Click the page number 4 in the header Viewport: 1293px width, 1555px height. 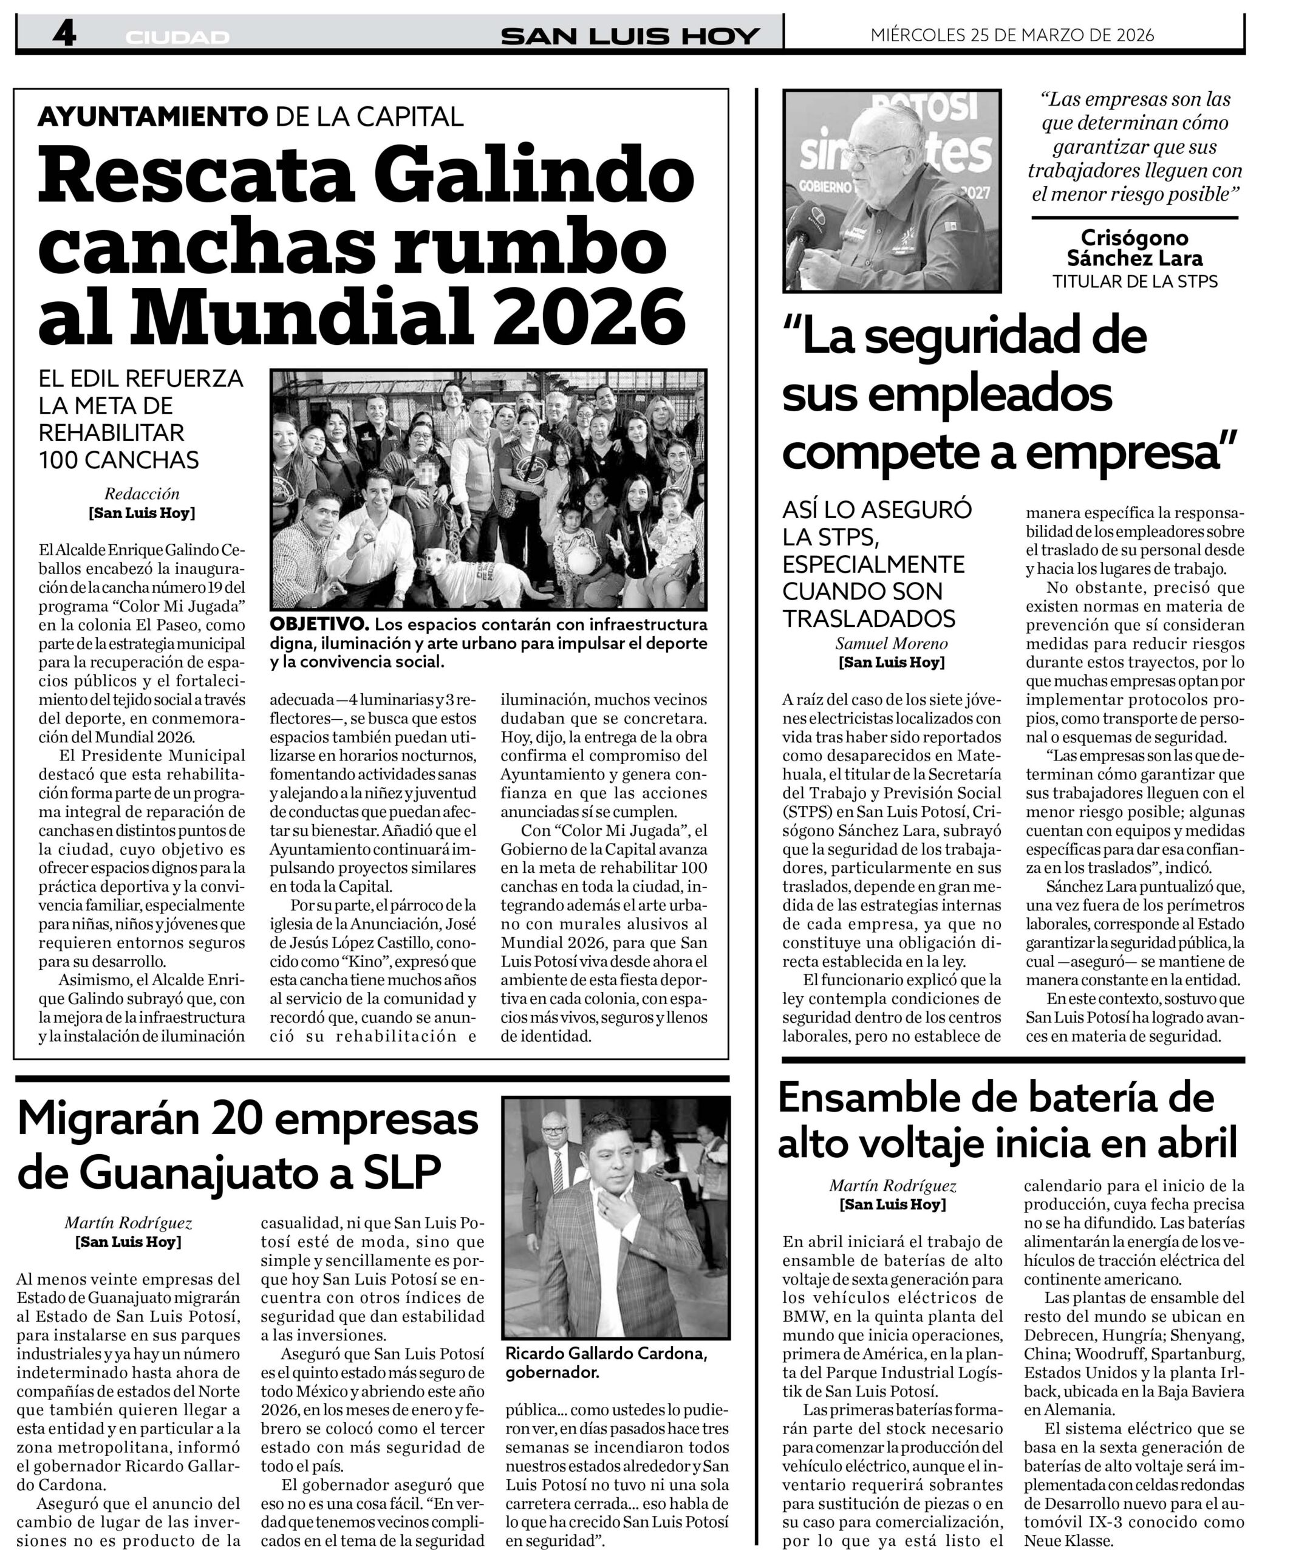tap(64, 34)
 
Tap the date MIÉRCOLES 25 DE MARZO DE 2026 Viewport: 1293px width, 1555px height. tap(1012, 35)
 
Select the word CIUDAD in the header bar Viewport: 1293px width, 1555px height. tap(177, 37)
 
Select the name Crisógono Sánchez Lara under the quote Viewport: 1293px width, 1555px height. tap(1134, 247)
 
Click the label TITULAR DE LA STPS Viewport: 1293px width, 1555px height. tap(1134, 281)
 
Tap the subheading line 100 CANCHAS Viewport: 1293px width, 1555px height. tap(118, 460)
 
